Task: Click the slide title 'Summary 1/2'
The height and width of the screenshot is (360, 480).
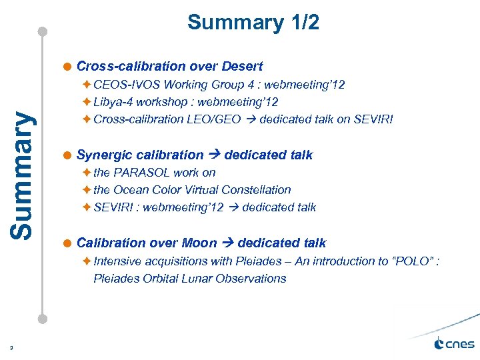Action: coord(253,23)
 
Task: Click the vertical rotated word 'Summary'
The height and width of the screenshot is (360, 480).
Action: coord(23,174)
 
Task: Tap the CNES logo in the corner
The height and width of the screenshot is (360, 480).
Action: coord(454,344)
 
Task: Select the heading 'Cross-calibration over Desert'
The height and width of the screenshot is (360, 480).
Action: coord(169,66)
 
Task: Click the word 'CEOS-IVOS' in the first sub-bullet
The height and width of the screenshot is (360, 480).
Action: coord(124,85)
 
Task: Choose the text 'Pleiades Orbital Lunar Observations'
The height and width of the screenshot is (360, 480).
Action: coord(190,278)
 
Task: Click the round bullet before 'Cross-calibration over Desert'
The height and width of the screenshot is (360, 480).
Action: coord(68,67)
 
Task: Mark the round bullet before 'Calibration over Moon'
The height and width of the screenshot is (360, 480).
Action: coord(68,243)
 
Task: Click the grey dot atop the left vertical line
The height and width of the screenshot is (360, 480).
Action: coord(43,31)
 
